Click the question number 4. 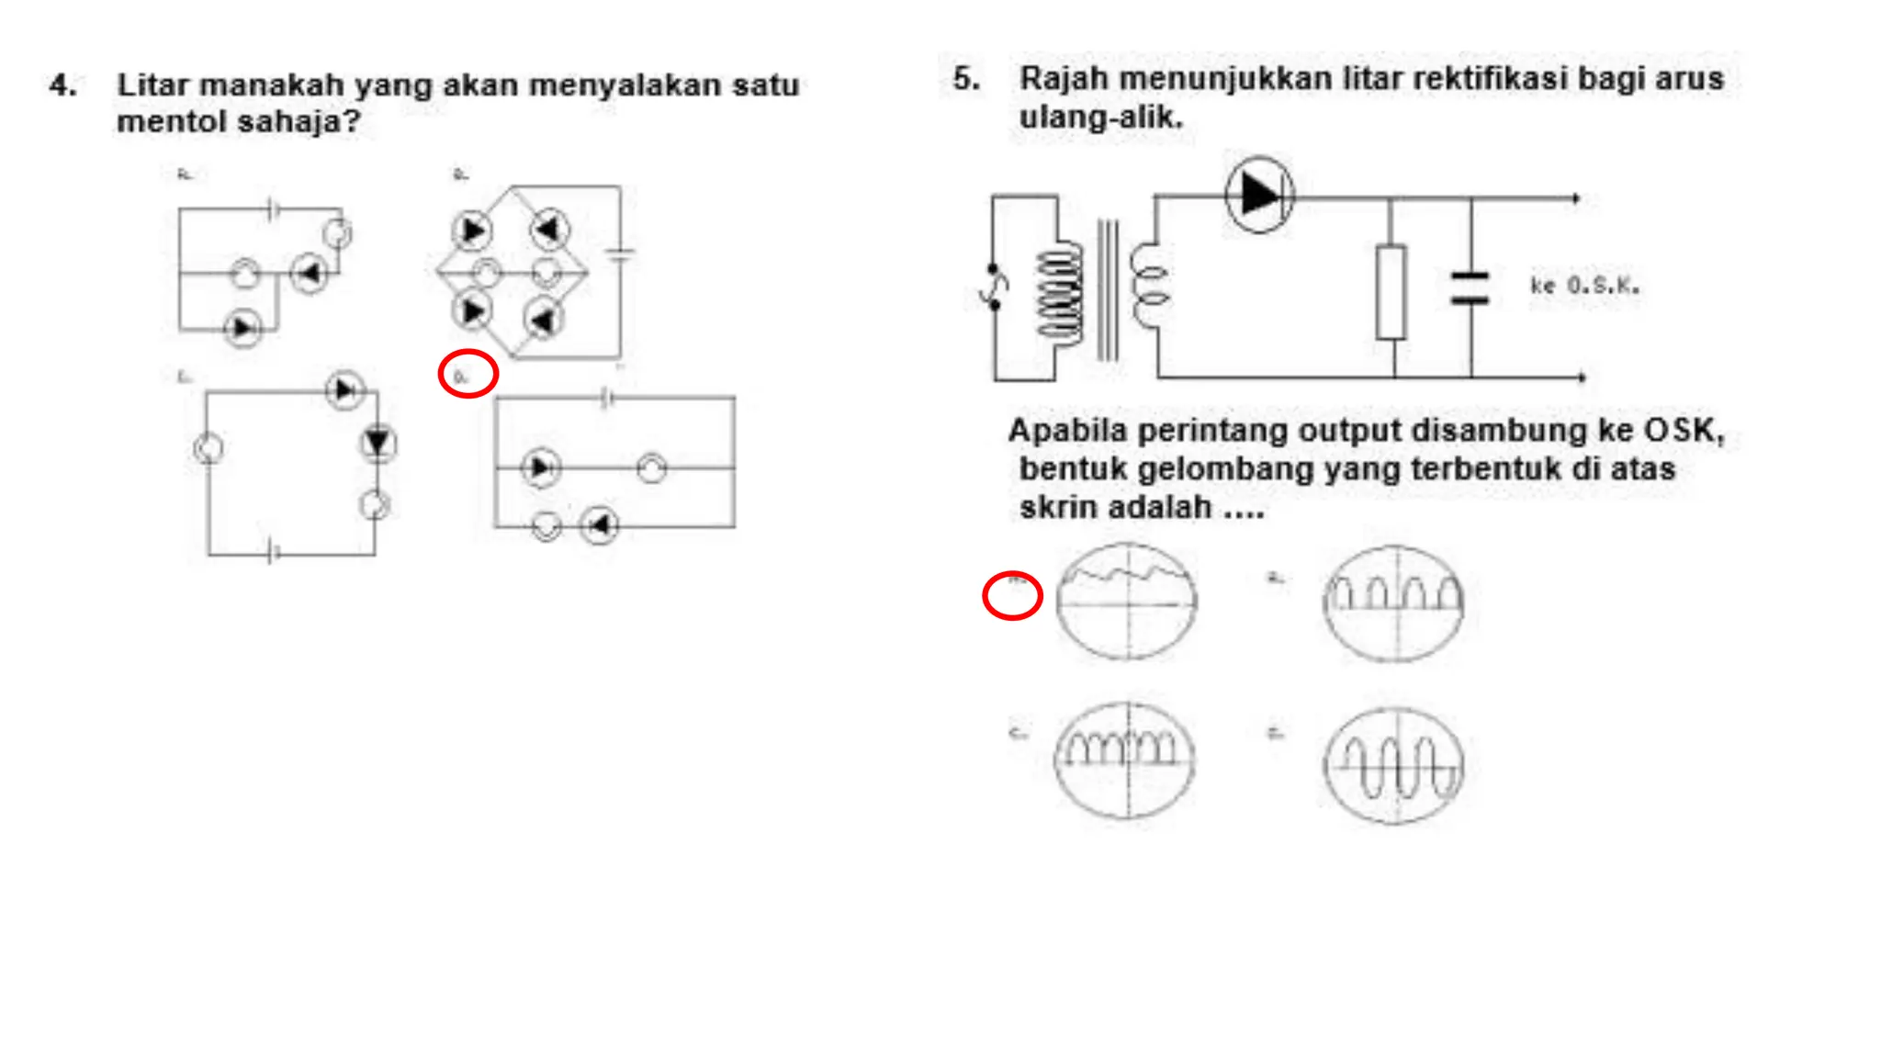[62, 85]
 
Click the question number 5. [965, 79]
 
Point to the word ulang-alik [1100, 118]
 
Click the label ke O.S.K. [1584, 286]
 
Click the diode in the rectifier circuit [1259, 195]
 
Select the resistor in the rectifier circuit [1391, 292]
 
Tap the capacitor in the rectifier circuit [1470, 287]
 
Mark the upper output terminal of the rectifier [1576, 198]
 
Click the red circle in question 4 [468, 374]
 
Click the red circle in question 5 [1012, 596]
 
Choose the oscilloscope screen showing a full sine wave [1393, 765]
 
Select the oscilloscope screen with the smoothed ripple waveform [1126, 602]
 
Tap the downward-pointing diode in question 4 [377, 444]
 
